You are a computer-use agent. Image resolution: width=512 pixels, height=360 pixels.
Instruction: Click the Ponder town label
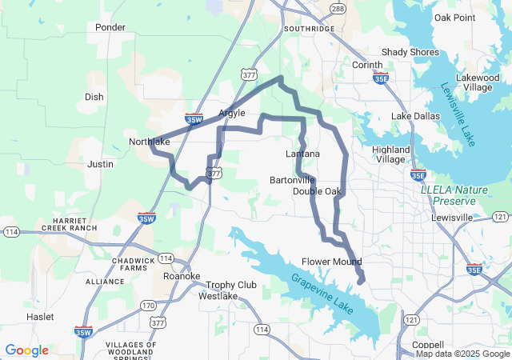tap(110, 27)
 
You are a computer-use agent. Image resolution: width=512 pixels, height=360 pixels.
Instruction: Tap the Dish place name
tap(94, 97)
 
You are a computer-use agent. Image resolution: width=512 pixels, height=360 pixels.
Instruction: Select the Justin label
tap(100, 163)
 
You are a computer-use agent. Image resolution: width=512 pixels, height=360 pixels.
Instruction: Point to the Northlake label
tap(150, 142)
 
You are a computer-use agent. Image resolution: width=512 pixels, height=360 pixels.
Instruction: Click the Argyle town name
tap(232, 114)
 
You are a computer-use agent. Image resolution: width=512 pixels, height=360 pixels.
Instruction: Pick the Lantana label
tap(302, 154)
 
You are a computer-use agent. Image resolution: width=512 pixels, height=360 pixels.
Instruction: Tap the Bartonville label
tap(293, 180)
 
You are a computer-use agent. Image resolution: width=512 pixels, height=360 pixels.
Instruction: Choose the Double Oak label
tap(317, 191)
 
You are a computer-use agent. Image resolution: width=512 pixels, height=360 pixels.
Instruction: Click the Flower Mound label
tap(331, 262)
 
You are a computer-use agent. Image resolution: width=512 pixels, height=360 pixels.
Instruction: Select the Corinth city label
tap(367, 65)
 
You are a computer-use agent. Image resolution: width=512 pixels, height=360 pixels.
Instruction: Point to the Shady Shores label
tap(410, 52)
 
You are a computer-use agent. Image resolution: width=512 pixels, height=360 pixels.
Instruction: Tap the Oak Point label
tap(454, 18)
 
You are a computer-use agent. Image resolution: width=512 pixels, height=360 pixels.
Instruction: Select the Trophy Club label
tap(231, 285)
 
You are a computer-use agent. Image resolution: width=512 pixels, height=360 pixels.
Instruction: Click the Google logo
tap(26, 350)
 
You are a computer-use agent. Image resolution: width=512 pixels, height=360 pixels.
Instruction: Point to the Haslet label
tap(40, 317)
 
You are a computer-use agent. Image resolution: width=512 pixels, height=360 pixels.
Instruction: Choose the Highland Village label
tap(390, 154)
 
